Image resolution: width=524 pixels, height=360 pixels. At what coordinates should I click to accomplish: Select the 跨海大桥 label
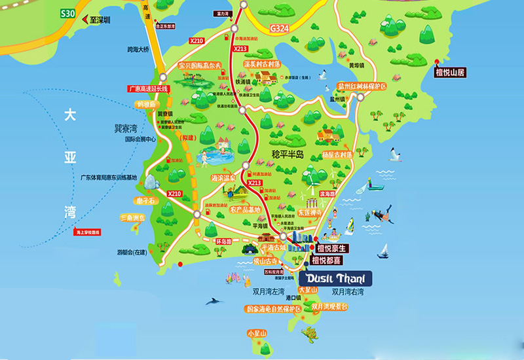pos(139,50)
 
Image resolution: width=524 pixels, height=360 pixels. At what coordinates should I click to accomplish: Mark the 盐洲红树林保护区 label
pos(362,86)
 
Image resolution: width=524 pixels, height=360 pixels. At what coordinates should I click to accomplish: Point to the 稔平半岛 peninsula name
pos(291,153)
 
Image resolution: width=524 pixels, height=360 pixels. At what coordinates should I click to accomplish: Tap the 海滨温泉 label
pos(223,177)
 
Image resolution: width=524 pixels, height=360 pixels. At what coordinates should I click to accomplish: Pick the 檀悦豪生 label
pos(331,248)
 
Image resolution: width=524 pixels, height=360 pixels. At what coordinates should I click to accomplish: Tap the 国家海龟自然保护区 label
pos(273,308)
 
